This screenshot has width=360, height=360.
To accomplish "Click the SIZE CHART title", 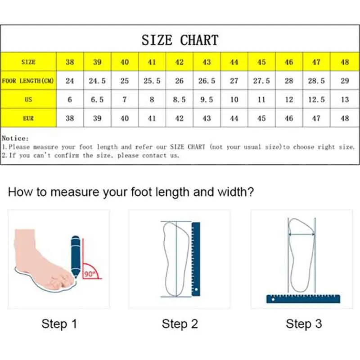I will pos(180,40).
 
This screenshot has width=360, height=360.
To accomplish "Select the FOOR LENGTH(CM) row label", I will pos(28,81).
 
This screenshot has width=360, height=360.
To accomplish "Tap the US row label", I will pos(28,99).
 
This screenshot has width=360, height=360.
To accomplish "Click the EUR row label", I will pos(28,118).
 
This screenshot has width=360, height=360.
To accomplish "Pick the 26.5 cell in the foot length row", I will pos(207,81).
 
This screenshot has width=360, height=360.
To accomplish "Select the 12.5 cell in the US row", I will pos(316,99).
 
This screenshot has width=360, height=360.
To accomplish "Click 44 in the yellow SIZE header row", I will pos(234,62).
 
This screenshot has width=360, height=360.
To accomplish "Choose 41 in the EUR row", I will pos(152,118).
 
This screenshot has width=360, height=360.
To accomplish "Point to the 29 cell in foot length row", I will pos(345,81).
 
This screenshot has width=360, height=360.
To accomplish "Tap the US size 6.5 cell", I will pos(97,99).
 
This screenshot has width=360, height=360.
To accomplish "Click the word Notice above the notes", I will pos(14,139).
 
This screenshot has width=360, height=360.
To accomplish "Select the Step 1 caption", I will pos(59,324).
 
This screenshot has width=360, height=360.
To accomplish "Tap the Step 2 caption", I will pos(180,324).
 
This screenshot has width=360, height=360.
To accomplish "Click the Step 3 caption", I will pos(303,324).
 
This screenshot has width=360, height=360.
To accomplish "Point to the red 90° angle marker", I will pos(91,271).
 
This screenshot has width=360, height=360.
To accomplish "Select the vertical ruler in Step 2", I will pos(196,259).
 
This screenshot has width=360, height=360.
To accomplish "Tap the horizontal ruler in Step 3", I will pos(303,298).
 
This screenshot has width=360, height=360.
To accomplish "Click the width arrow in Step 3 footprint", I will pos(301,234).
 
